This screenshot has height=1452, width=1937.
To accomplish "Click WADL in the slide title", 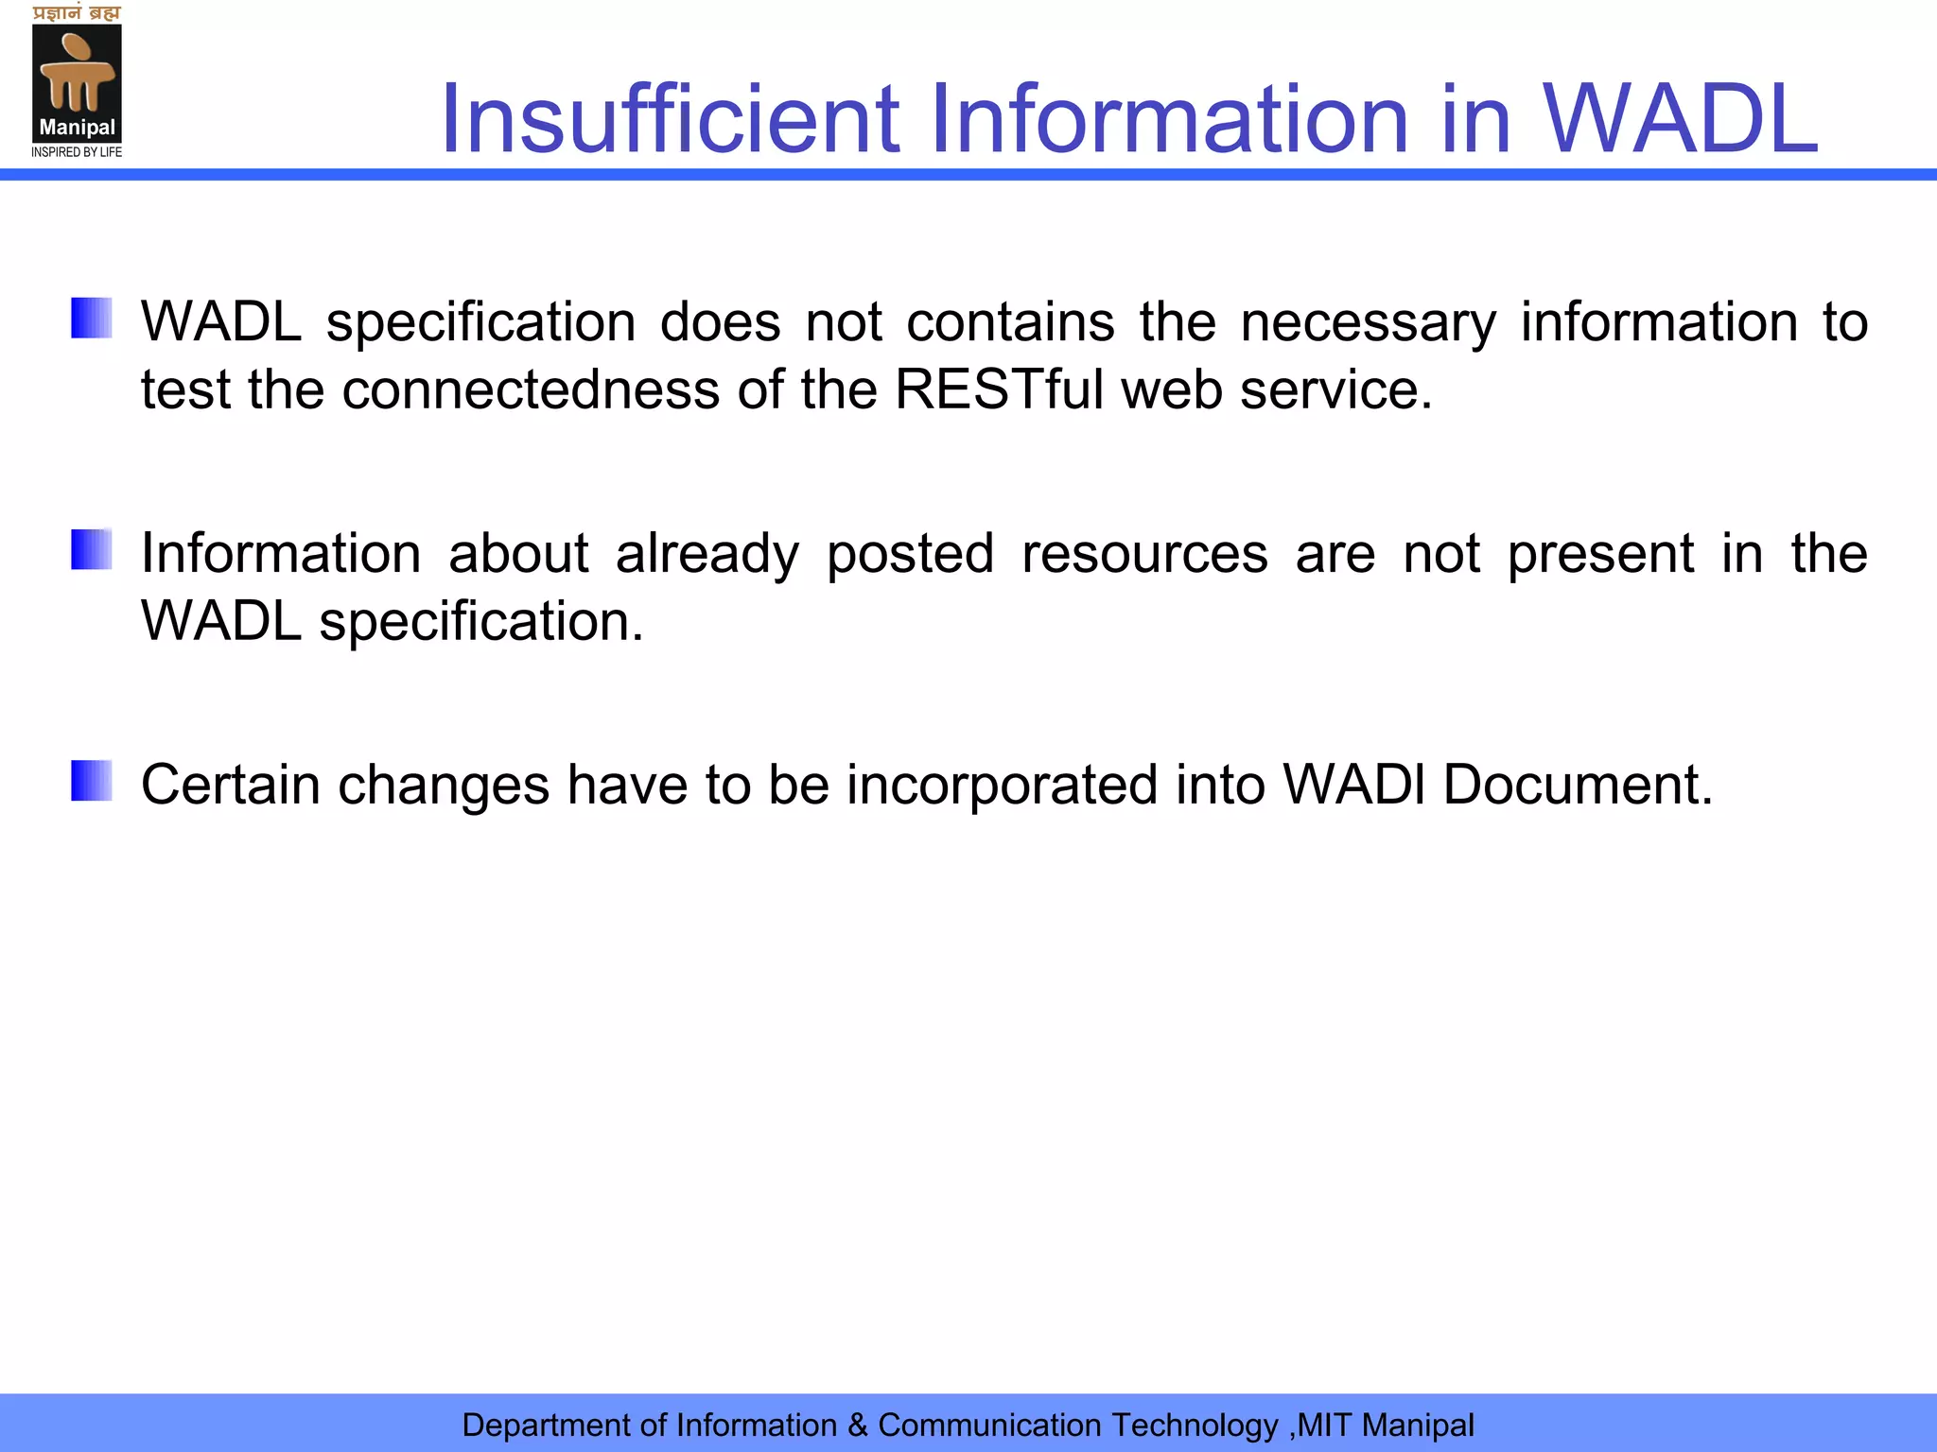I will (1680, 119).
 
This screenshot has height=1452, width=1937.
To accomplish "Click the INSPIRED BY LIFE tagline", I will (77, 152).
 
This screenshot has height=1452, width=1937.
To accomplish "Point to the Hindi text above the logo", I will (77, 12).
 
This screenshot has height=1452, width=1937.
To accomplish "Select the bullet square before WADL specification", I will (92, 318).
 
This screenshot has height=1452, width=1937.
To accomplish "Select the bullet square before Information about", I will (92, 549).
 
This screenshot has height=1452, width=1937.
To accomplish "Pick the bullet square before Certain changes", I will (92, 781).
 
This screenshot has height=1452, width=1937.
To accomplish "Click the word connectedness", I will (531, 389).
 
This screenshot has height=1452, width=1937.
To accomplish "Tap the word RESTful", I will (999, 389).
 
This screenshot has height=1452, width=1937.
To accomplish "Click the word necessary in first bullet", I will (1368, 322).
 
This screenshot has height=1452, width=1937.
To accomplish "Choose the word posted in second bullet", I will (910, 554).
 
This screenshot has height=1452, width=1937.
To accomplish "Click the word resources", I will (1144, 554).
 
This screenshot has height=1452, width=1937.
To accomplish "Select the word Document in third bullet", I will (1577, 785).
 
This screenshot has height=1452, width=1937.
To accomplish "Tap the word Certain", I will (231, 785).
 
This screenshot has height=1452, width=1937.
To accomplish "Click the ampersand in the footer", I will (857, 1425).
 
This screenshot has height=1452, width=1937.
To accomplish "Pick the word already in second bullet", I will (707, 554).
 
